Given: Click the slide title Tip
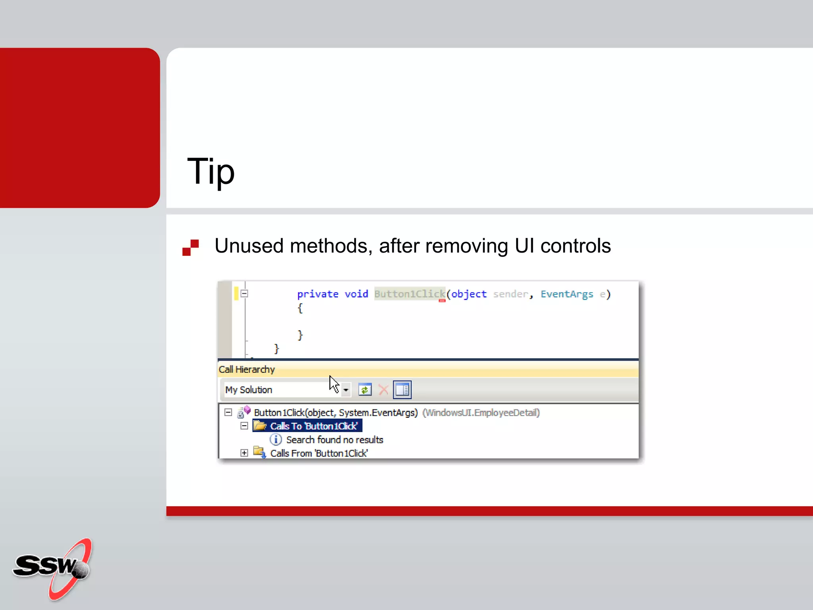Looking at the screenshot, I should pyautogui.click(x=211, y=172).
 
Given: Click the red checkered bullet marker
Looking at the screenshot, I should pyautogui.click(x=191, y=247).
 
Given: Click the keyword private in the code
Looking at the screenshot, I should pyautogui.click(x=318, y=294).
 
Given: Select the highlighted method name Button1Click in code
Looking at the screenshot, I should pyautogui.click(x=409, y=294).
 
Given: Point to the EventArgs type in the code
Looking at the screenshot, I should pyautogui.click(x=566, y=294).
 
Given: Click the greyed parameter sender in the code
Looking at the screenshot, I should pyautogui.click(x=511, y=294).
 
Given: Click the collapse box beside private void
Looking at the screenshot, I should pyautogui.click(x=245, y=294).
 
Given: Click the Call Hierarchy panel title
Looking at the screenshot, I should pyautogui.click(x=247, y=370).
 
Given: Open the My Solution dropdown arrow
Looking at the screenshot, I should pyautogui.click(x=346, y=390).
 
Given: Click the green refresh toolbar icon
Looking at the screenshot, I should pyautogui.click(x=365, y=390).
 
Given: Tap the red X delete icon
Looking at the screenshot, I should pyautogui.click(x=383, y=390).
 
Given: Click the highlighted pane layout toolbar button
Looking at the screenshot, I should pyautogui.click(x=402, y=390).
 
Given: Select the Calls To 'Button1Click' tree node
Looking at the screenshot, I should pyautogui.click(x=313, y=426).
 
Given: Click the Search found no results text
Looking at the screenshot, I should pyautogui.click(x=334, y=440).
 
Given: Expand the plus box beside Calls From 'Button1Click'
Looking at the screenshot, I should pyautogui.click(x=245, y=453).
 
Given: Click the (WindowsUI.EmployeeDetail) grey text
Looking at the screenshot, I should pyautogui.click(x=481, y=413).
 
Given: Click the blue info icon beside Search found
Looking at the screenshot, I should pyautogui.click(x=275, y=440).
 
